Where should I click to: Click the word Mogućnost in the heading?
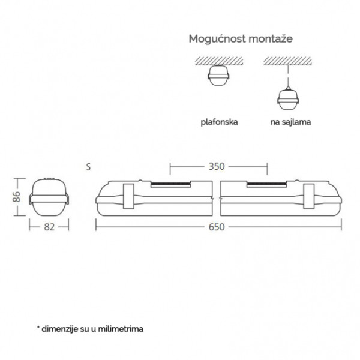[217, 39]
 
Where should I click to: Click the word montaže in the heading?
[271, 38]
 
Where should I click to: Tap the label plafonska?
[219, 122]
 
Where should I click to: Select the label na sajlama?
[290, 122]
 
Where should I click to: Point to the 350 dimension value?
[217, 166]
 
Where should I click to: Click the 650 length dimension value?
[217, 227]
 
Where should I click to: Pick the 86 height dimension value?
[17, 197]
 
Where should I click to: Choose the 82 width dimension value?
[49, 227]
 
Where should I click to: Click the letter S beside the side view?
[88, 167]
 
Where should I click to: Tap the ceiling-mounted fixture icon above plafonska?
[218, 76]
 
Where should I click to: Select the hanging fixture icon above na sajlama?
[288, 98]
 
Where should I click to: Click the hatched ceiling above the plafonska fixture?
[219, 61]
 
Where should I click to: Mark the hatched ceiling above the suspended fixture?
[287, 61]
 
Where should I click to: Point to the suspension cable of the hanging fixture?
[288, 76]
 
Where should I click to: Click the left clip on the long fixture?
[128, 196]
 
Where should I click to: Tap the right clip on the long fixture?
[309, 196]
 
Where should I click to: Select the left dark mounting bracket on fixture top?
[170, 184]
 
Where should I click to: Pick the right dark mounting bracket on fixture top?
[266, 184]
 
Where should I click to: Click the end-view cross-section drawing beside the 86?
[49, 197]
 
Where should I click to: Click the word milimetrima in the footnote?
[121, 329]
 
